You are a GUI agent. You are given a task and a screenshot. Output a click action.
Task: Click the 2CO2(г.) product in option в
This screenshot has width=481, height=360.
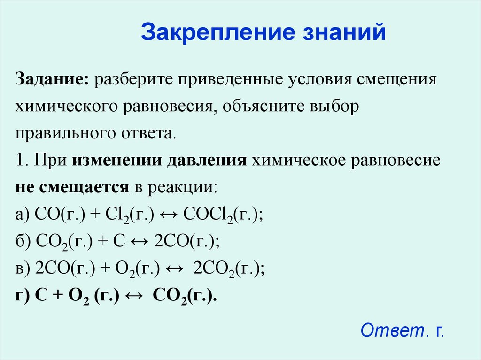click(229, 269)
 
